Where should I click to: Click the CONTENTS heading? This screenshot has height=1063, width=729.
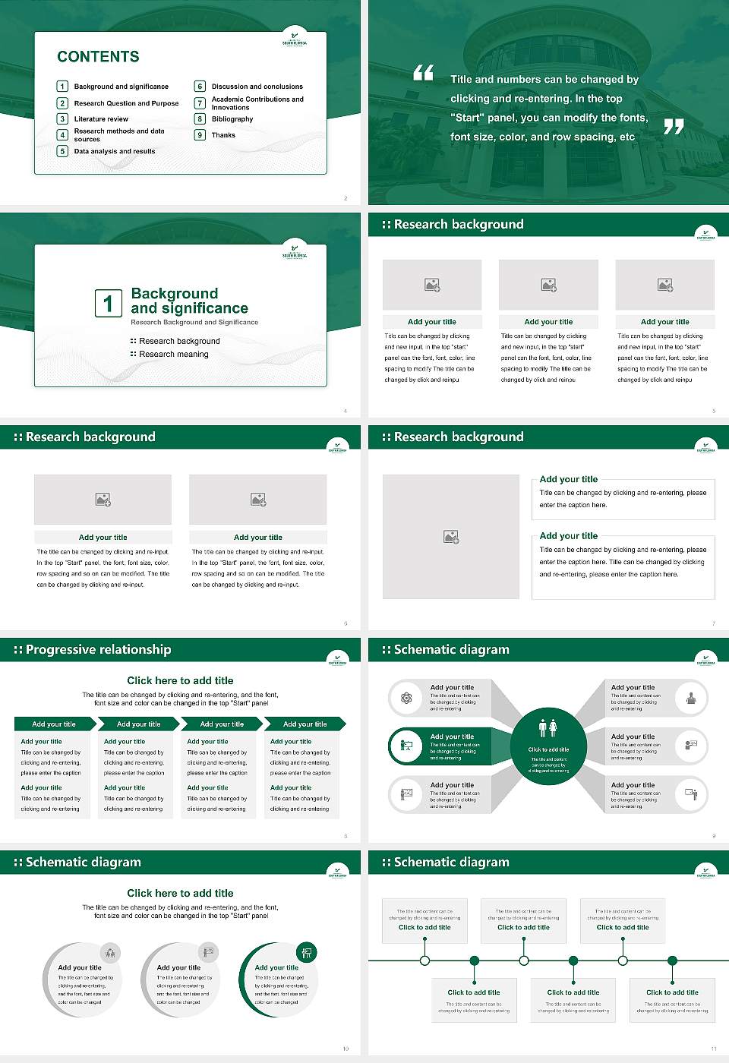[98, 57]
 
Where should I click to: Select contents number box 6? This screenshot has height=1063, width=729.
[200, 87]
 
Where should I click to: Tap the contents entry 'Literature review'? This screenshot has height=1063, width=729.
[101, 119]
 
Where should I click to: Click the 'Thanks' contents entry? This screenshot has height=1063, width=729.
[223, 135]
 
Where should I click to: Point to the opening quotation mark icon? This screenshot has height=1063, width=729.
[423, 73]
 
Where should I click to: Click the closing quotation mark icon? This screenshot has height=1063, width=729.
[674, 127]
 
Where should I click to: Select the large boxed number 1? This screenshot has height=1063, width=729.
[108, 303]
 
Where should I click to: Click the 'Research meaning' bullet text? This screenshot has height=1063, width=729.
[173, 355]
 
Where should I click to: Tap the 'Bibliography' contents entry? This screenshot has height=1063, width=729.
[232, 119]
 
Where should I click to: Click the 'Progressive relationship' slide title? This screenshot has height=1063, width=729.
[98, 650]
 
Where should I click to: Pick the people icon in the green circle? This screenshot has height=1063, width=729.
[548, 728]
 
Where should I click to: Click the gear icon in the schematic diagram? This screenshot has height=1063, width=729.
[406, 699]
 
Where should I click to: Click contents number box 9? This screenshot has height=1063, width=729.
[200, 135]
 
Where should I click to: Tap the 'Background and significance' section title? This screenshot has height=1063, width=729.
[189, 301]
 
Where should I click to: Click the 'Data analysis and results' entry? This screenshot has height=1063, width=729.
[115, 152]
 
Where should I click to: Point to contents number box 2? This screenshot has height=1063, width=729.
[63, 103]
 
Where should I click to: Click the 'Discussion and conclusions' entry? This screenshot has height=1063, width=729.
[257, 87]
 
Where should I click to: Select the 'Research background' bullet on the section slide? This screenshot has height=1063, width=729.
[179, 342]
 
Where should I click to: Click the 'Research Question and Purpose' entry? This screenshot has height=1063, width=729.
[126, 103]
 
